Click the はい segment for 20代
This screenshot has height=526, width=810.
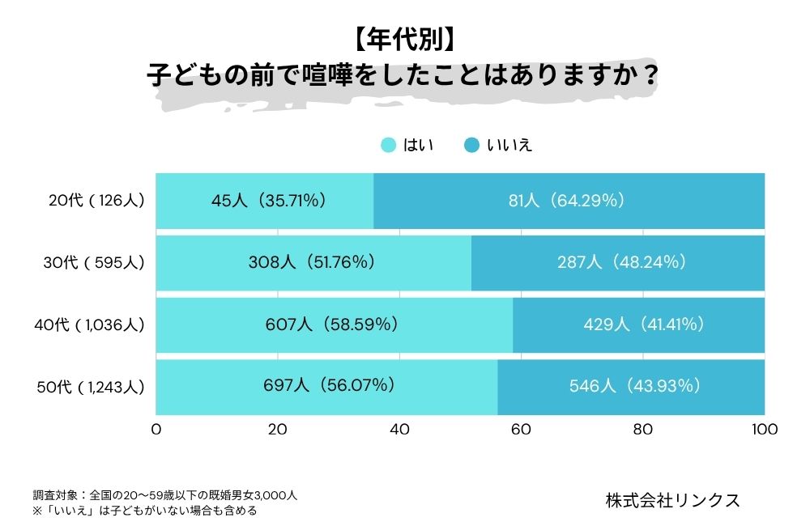[264, 201]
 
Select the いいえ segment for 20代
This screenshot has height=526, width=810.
[569, 201]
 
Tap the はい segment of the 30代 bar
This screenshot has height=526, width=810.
[313, 262]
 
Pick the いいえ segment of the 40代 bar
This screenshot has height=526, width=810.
[638, 325]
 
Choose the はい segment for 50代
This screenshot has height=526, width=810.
[326, 387]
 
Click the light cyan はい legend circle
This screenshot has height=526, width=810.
[389, 146]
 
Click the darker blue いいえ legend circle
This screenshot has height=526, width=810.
[471, 146]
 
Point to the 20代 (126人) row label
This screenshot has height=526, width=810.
[96, 200]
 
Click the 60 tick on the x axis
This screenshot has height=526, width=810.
[522, 430]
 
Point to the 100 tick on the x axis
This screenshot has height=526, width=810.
[765, 430]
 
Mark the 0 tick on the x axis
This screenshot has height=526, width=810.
[156, 430]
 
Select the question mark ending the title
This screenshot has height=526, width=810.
[648, 75]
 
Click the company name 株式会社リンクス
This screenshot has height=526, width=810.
[672, 500]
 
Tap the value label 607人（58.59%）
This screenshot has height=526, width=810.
[332, 325]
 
